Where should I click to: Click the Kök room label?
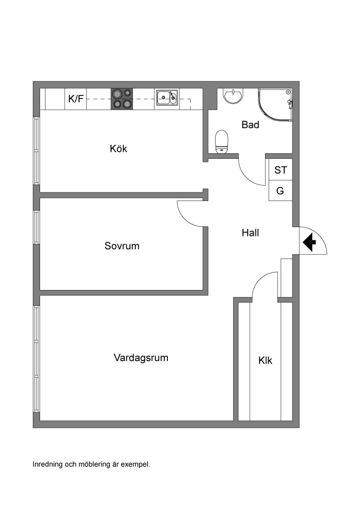[118, 149]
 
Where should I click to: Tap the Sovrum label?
[122, 246]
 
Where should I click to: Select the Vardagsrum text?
[141, 358]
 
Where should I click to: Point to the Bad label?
[250, 125]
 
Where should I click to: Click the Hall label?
[250, 233]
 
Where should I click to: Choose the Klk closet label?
[265, 360]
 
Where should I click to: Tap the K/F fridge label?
[76, 98]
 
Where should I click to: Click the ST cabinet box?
[280, 170]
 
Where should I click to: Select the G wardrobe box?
[280, 191]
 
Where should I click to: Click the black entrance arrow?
[309, 242]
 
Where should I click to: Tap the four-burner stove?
[122, 99]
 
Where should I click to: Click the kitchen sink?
[167, 98]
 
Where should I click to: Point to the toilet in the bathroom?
[222, 142]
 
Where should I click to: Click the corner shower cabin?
[275, 104]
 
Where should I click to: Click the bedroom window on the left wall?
[36, 227]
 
